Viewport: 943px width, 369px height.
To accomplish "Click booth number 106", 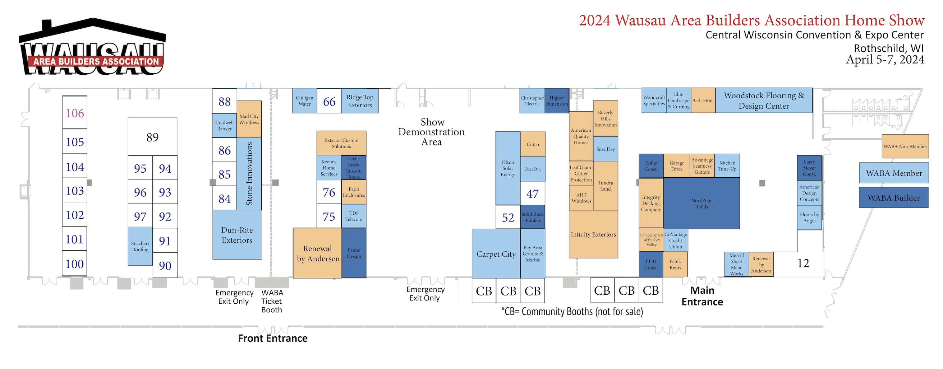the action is [x=75, y=113].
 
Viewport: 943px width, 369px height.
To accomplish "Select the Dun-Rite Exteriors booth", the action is [x=237, y=235].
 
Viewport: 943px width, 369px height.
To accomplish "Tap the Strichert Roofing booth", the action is [x=140, y=246].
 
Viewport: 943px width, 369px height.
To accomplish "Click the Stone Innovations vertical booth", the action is [x=249, y=173].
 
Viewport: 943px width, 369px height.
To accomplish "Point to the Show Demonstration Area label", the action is [x=432, y=132].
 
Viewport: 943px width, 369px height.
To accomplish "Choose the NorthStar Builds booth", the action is [x=701, y=203].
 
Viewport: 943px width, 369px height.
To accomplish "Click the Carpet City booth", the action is [x=496, y=254].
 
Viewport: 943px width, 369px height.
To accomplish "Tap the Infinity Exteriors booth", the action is [x=593, y=234].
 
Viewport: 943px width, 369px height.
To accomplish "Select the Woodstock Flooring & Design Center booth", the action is [x=764, y=101].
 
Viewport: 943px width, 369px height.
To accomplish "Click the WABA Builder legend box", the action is [x=893, y=198].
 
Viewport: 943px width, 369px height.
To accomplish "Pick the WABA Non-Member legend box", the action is [x=905, y=146].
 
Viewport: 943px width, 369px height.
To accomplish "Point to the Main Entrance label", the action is [x=702, y=296].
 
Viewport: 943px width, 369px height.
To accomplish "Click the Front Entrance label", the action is [x=273, y=338].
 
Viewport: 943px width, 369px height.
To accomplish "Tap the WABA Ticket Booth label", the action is [x=272, y=301].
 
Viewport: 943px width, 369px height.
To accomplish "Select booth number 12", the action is [x=803, y=263].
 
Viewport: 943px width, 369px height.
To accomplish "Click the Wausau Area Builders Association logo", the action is [x=93, y=47].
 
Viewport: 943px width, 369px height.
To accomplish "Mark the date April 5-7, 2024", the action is [x=885, y=60].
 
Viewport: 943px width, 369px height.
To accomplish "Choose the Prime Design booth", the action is [x=354, y=253].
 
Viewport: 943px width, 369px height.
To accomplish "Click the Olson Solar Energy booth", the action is [x=508, y=168].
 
